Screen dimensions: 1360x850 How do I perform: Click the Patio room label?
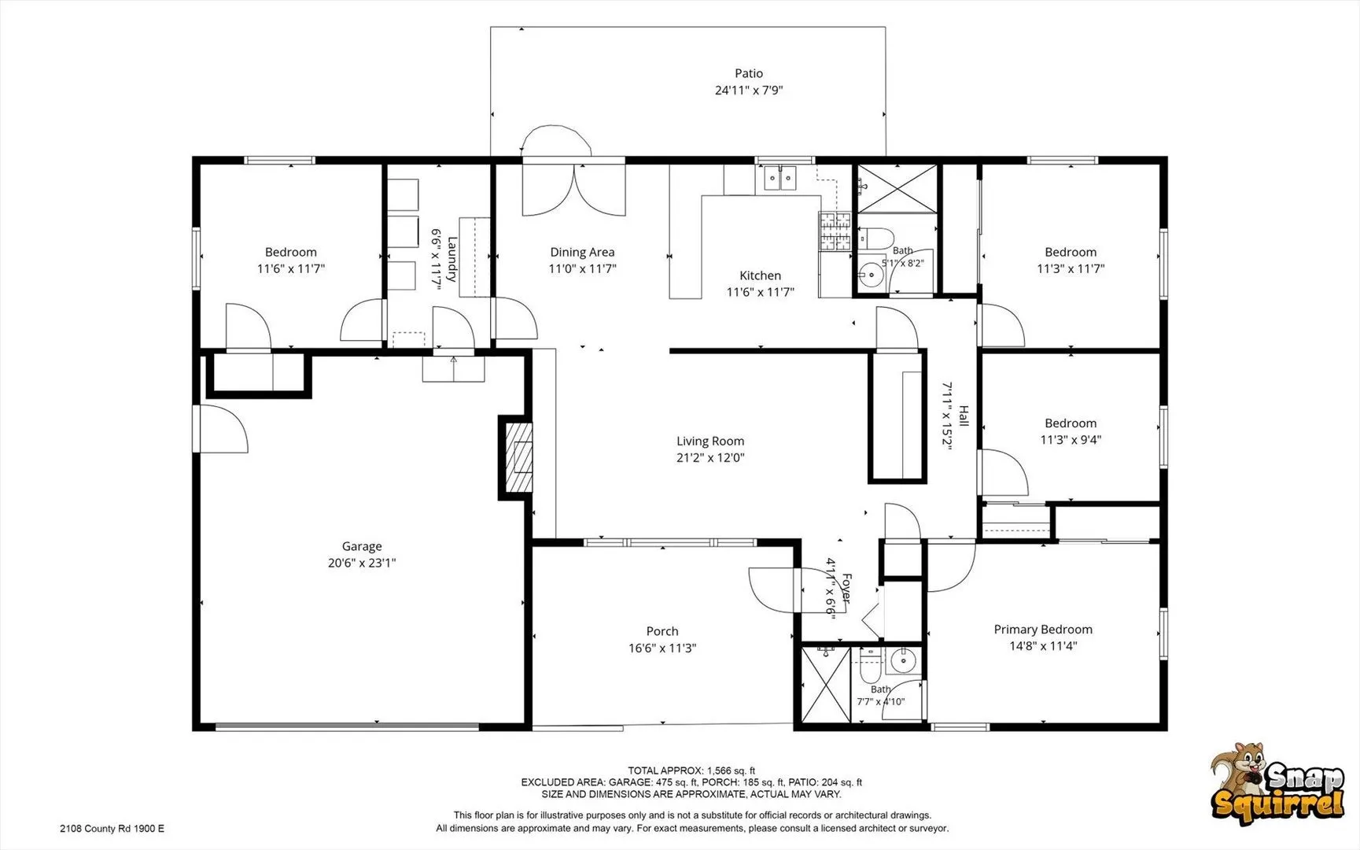(749, 73)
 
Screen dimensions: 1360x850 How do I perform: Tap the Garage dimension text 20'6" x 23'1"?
(362, 563)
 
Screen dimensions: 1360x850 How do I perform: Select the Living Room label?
(710, 441)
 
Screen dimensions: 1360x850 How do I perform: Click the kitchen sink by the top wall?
(780, 179)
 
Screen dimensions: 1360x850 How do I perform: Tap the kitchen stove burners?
(835, 231)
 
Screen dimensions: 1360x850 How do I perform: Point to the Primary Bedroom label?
(1043, 629)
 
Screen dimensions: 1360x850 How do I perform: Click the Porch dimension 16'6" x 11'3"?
(662, 648)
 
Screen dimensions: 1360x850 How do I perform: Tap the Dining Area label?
(582, 252)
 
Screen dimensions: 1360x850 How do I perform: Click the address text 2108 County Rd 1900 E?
(112, 828)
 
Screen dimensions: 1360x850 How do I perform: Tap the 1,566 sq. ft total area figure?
(732, 771)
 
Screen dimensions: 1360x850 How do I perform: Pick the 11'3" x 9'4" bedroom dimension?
(1071, 440)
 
